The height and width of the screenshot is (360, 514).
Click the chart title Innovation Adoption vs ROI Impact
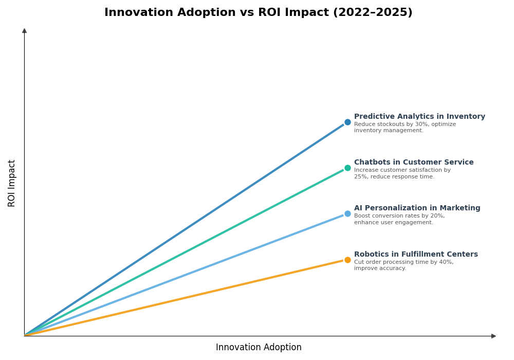pos(258,12)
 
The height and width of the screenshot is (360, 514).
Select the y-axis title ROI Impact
pos(12,183)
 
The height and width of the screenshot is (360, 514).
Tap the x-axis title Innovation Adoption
pos(259,348)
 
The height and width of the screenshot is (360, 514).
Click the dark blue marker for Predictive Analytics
pos(347,122)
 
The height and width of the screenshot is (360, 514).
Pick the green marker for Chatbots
pos(347,168)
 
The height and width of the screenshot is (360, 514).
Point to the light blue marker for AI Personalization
pos(347,214)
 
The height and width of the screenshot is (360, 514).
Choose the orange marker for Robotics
pos(347,260)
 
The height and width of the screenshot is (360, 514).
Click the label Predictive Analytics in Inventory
pos(419,117)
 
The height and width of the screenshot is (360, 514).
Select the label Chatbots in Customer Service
pos(414,163)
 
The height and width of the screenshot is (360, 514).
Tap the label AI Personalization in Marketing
pos(417,208)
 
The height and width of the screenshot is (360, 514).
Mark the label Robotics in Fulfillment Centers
pos(416,255)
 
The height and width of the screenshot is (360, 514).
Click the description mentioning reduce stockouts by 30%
pos(405,128)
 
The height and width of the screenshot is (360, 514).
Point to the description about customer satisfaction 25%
pos(402,173)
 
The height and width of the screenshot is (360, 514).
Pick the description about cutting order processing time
pos(403,265)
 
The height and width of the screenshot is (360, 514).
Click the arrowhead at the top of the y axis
pos(24,31)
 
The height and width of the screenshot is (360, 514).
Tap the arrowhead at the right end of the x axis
pos(493,336)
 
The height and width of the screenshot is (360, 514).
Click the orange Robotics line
pos(185,298)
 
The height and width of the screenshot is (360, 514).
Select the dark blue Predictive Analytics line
pos(185,229)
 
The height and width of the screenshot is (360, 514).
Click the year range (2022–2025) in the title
pos(373,12)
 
